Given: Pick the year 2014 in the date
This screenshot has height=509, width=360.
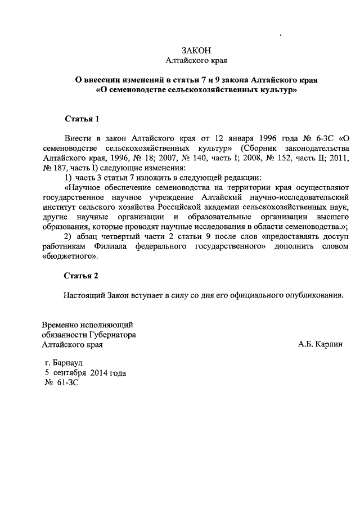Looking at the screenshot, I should pos(98,373).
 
